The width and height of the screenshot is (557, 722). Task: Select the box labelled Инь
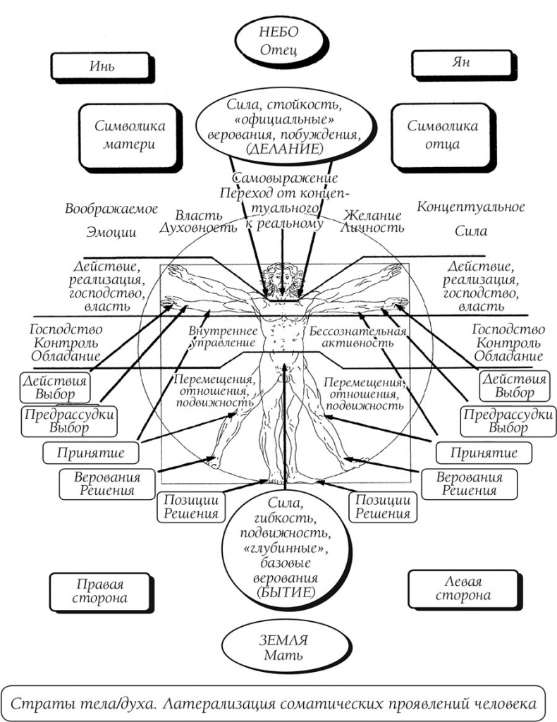tap(102, 67)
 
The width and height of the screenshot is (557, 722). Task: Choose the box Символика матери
tap(128, 135)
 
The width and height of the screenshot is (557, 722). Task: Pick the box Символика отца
tap(443, 135)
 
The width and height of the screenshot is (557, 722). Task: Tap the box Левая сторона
tap(463, 589)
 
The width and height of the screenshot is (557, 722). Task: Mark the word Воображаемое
tap(111, 209)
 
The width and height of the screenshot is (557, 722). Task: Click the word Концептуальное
tap(470, 207)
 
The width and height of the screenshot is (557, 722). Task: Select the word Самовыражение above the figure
tap(285, 178)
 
